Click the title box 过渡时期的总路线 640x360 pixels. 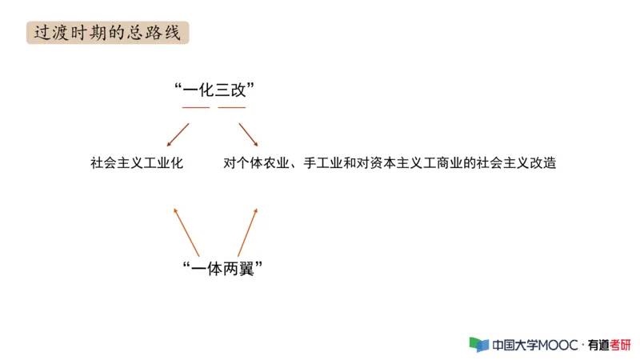tap(107, 33)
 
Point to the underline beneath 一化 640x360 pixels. tap(196, 106)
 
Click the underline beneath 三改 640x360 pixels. tap(232, 106)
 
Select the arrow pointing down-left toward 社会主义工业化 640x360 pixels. tap(178, 135)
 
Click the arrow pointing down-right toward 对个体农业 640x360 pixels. tap(248, 134)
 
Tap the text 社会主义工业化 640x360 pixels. tap(137, 163)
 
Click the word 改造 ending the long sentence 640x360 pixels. tap(543, 163)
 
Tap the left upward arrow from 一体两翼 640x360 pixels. tap(186, 231)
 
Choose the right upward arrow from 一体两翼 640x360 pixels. tap(248, 231)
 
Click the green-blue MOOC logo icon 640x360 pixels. tap(478, 345)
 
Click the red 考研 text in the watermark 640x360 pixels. tap(620, 345)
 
